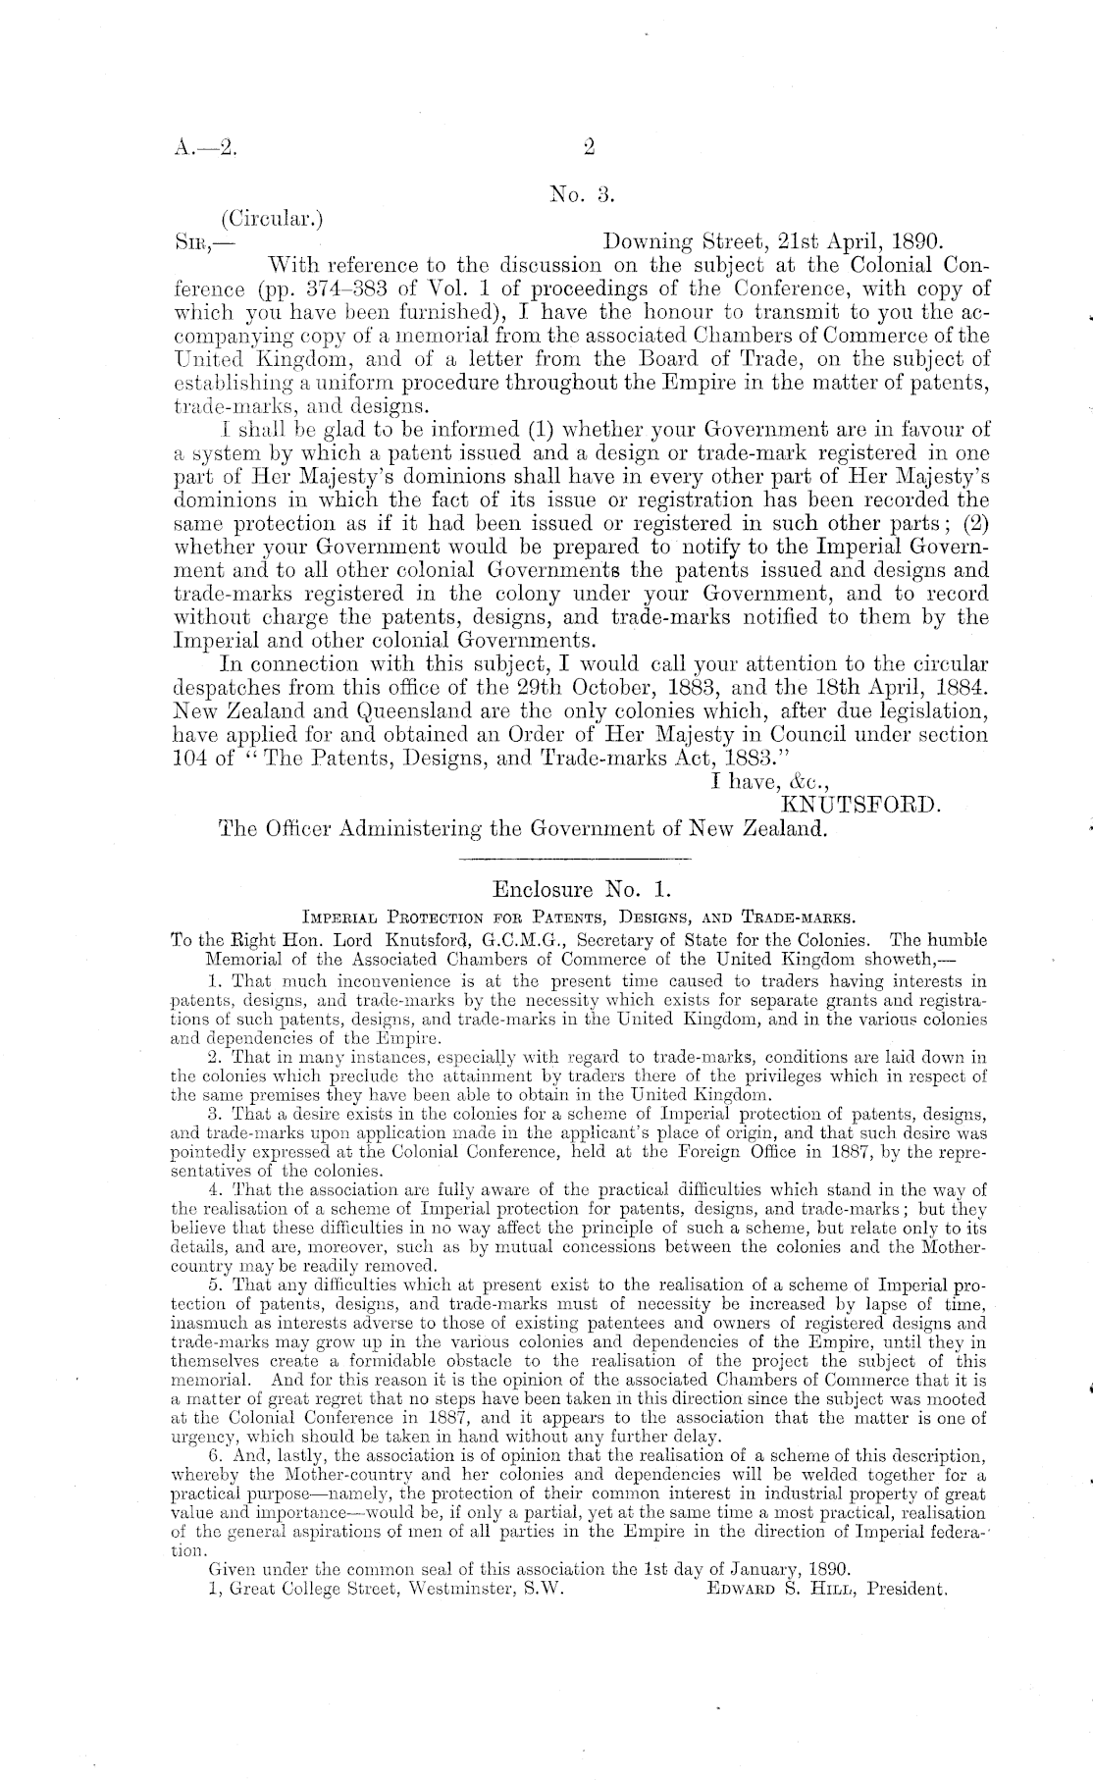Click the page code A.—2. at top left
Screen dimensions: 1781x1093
tap(203, 150)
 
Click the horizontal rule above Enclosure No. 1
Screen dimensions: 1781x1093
tap(575, 860)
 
